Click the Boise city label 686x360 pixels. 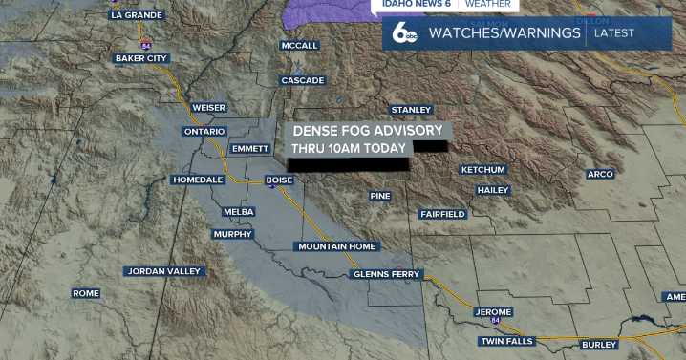point(279,180)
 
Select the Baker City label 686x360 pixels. point(141,58)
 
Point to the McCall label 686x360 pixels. point(299,46)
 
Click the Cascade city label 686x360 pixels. point(303,80)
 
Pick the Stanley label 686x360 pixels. point(411,110)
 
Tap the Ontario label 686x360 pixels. point(204,131)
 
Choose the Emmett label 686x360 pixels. point(250,149)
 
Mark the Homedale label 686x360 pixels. point(198,180)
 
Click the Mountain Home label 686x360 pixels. point(337,246)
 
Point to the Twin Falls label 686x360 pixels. point(507,341)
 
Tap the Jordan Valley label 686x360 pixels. point(164,271)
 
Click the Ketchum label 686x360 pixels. point(482,169)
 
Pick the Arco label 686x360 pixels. point(600,174)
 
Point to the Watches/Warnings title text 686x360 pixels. point(504,33)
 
